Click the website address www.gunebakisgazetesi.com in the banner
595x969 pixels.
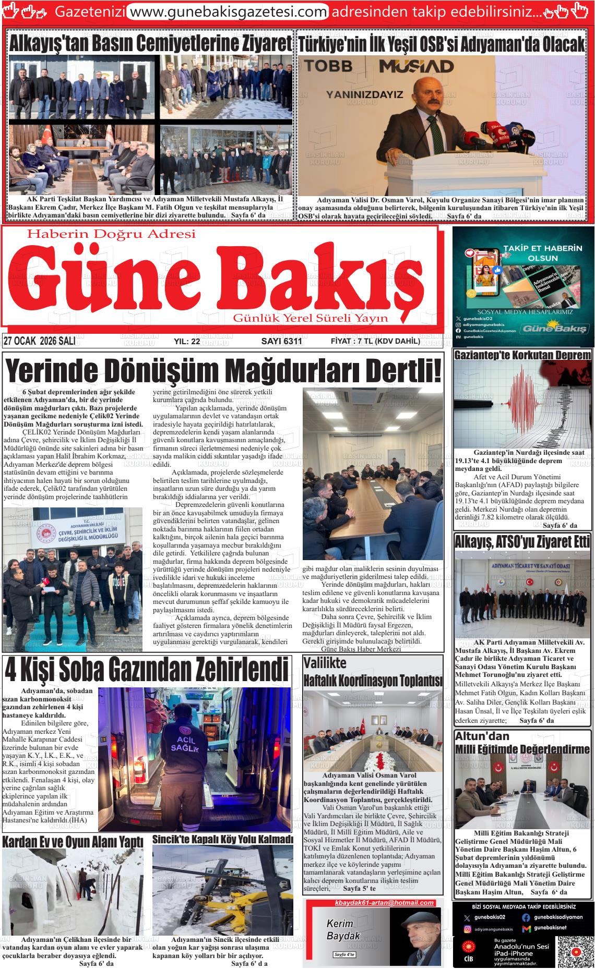(x=228, y=11)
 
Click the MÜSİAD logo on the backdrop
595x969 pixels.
(x=416, y=66)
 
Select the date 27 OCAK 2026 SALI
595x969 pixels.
(x=40, y=341)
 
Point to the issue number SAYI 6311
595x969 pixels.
(x=281, y=342)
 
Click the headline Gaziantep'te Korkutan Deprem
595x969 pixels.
(x=522, y=355)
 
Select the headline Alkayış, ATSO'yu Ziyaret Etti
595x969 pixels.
(x=522, y=542)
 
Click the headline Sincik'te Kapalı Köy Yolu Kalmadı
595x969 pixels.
(x=223, y=840)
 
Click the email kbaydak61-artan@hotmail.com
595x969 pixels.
(x=384, y=903)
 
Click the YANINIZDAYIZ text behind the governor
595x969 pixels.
(x=365, y=95)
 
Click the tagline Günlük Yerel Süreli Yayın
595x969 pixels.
(x=311, y=318)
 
